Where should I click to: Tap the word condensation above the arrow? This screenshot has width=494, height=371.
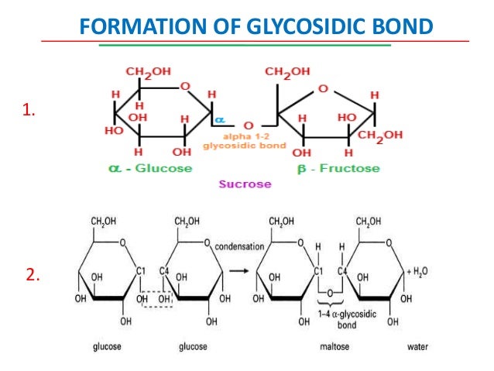240,247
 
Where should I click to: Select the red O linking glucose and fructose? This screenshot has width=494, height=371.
248,124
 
